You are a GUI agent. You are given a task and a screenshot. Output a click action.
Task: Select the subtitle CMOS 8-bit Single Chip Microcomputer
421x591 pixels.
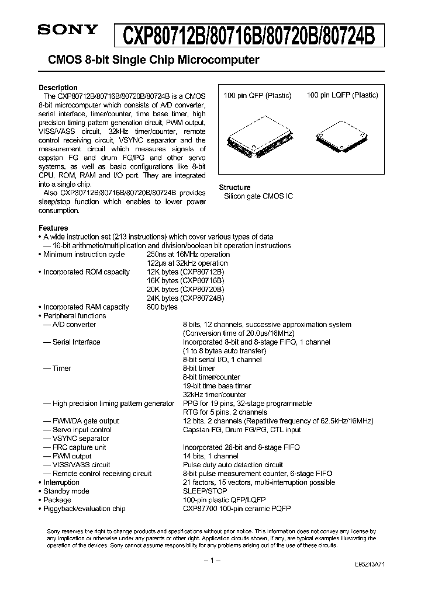(149, 60)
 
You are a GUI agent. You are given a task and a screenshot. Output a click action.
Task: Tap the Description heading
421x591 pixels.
(58, 88)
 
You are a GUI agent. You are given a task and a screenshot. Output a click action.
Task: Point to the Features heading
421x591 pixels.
(53, 228)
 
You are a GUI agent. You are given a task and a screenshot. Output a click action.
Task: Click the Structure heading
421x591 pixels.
(234, 187)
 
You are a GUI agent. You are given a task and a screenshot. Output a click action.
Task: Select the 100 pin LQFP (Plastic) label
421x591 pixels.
(342, 95)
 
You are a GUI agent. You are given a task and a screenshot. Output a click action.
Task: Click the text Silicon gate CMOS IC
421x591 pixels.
(258, 196)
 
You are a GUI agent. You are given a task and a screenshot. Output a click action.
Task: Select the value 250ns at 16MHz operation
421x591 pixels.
(188, 255)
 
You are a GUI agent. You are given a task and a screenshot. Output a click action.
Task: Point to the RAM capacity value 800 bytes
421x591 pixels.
(162, 307)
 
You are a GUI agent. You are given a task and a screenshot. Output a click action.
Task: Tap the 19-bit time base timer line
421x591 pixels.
(217, 386)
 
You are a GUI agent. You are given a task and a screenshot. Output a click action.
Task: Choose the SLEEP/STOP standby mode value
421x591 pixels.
(205, 491)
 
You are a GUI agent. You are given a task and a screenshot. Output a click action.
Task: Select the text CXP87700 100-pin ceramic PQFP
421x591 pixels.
(237, 509)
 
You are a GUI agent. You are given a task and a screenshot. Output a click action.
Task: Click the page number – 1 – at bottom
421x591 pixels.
(210, 560)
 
